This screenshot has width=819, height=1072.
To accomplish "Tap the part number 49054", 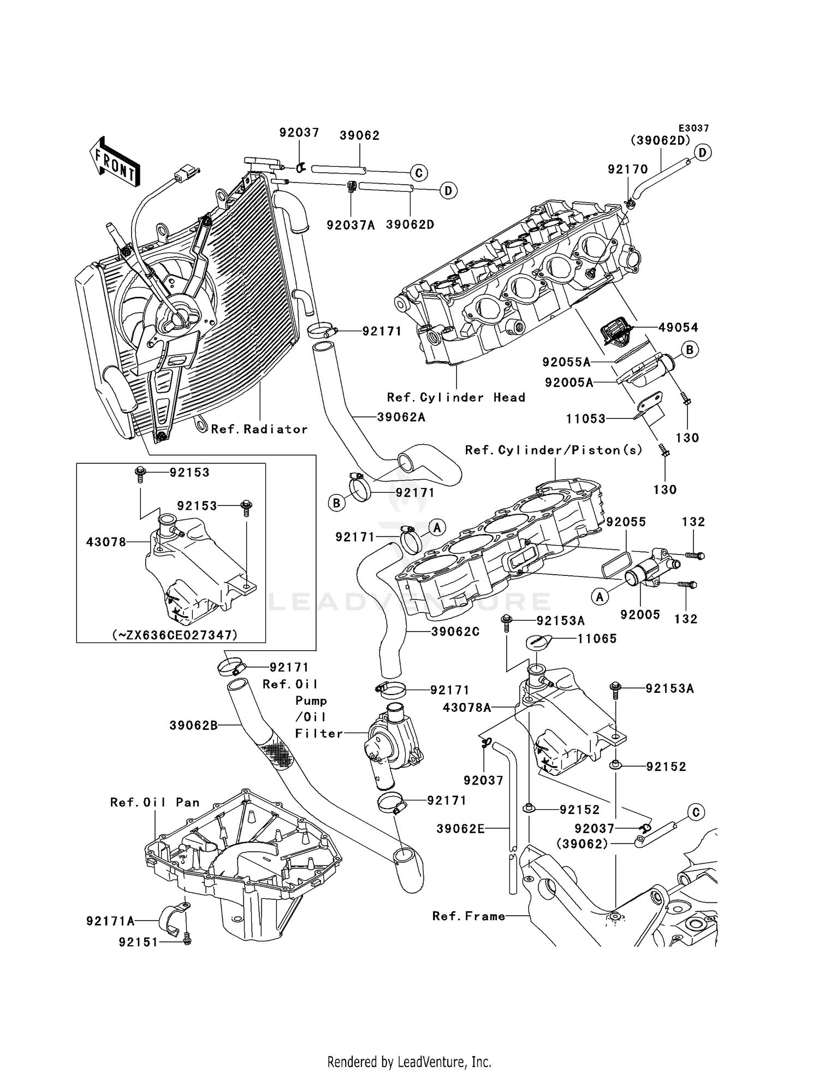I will pyautogui.click(x=678, y=328).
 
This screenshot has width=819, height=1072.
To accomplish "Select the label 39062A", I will pyautogui.click(x=401, y=417).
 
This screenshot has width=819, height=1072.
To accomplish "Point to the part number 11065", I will pyautogui.click(x=597, y=639).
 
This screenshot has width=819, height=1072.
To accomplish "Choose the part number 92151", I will pyautogui.click(x=138, y=942).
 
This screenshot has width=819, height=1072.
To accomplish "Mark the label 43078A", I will pyautogui.click(x=467, y=708).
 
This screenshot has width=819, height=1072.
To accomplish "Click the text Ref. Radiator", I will pyautogui.click(x=259, y=429).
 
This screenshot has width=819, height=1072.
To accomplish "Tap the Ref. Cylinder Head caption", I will pyautogui.click(x=456, y=398).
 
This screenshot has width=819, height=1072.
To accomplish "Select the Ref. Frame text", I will pyautogui.click(x=468, y=916).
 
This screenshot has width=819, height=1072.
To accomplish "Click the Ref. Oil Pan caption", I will pyautogui.click(x=155, y=803).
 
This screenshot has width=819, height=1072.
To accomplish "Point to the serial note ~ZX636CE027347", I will pyautogui.click(x=175, y=635).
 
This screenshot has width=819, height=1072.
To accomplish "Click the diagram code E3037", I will pyautogui.click(x=693, y=128).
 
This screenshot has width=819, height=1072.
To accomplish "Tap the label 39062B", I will pyautogui.click(x=193, y=726).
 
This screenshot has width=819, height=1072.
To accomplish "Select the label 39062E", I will pyautogui.click(x=460, y=829).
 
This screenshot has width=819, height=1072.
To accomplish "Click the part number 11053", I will pyautogui.click(x=585, y=419).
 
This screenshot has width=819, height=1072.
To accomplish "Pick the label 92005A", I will pyautogui.click(x=568, y=383).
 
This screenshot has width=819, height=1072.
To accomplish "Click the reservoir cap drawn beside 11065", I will pyautogui.click(x=538, y=643).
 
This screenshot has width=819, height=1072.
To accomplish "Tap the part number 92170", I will pyautogui.click(x=627, y=169).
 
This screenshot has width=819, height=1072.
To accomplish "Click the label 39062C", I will pyautogui.click(x=455, y=632).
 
